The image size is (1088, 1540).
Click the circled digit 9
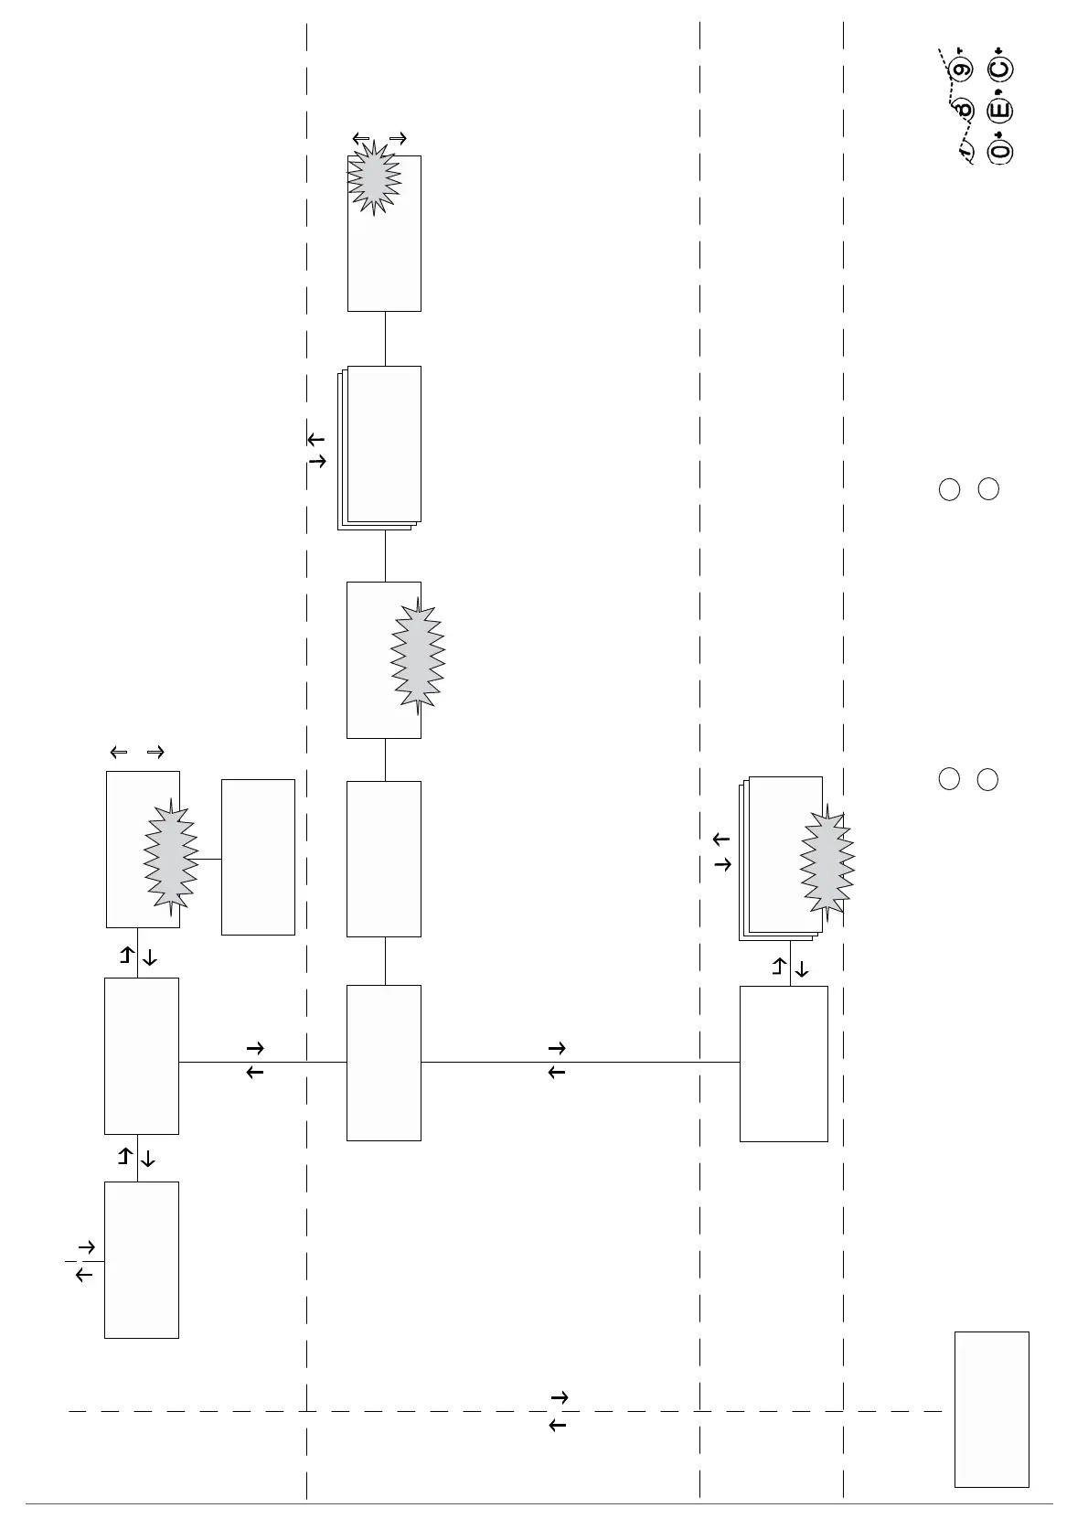click(961, 70)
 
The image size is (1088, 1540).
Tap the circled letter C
click(1000, 70)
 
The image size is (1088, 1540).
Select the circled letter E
click(1000, 111)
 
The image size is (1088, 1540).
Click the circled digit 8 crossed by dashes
click(962, 110)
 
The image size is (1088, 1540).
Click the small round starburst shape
click(374, 178)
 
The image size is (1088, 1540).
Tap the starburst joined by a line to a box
click(171, 858)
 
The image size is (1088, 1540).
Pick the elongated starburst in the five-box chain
click(418, 656)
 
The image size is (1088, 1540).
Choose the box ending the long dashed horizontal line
click(991, 1409)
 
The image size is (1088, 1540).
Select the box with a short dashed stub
click(141, 1259)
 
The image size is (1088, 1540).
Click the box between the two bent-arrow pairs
click(141, 1055)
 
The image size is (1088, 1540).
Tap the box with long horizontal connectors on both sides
click(384, 1063)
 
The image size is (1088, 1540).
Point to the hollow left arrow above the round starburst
click(361, 139)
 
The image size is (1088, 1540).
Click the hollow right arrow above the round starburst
click(398, 139)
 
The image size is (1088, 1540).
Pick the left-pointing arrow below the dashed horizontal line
click(557, 1425)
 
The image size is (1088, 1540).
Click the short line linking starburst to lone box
click(209, 859)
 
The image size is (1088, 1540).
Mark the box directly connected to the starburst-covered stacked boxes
click(784, 1064)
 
